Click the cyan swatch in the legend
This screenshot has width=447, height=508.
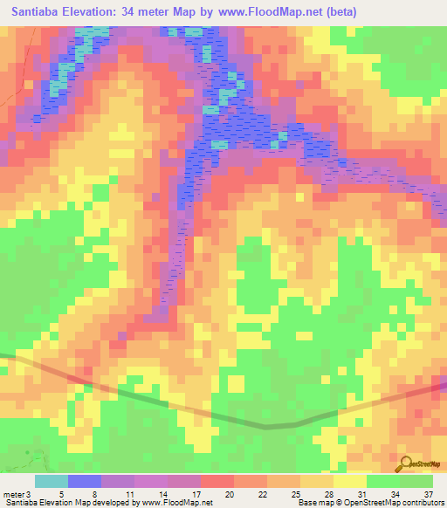pos(52,481)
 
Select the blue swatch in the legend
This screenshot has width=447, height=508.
pos(85,481)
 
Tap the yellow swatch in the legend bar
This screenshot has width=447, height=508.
pos(349,481)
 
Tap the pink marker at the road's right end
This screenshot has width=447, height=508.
pos(442,385)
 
